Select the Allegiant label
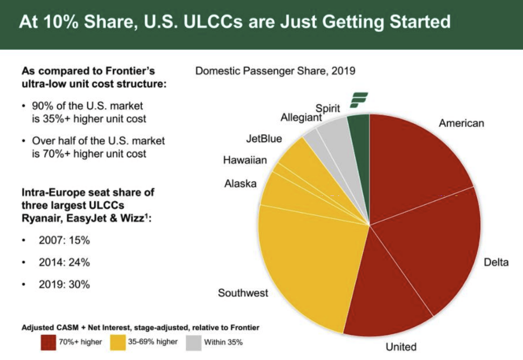301,118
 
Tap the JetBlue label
264,139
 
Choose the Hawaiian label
244,160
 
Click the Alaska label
240,184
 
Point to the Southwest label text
243,292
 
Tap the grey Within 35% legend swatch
193,342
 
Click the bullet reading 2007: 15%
64,240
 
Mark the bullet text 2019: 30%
64,285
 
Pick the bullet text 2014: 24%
64,262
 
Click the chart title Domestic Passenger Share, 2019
275,71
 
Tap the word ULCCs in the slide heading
225,21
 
